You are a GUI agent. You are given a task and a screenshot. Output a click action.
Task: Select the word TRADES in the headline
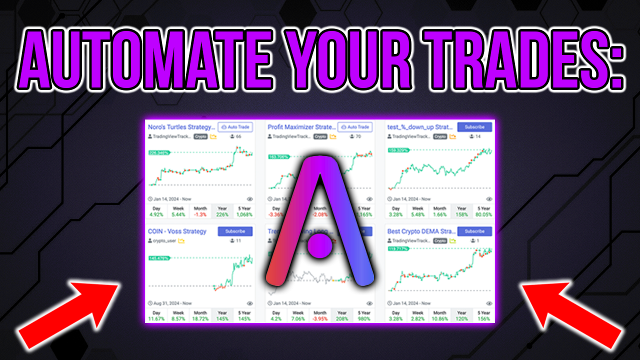point(510,59)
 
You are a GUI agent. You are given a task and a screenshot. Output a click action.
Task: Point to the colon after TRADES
point(616,62)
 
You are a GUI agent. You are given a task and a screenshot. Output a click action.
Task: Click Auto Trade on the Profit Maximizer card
point(355,127)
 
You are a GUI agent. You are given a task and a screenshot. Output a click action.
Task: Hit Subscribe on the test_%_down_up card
point(474,127)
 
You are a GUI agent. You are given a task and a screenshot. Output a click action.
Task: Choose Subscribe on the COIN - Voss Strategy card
point(235,231)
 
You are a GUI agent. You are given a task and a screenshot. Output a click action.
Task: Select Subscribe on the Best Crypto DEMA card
point(474,231)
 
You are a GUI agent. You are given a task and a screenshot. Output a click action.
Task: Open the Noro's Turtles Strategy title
point(181,127)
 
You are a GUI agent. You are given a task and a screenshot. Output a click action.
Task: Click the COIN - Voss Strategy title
point(177,231)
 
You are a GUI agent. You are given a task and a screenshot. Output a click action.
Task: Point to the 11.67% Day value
point(156,318)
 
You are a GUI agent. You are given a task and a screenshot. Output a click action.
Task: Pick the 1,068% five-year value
point(244,214)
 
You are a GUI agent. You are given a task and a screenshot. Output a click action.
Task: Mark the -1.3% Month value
point(200,214)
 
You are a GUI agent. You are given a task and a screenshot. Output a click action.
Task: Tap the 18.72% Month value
point(200,318)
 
